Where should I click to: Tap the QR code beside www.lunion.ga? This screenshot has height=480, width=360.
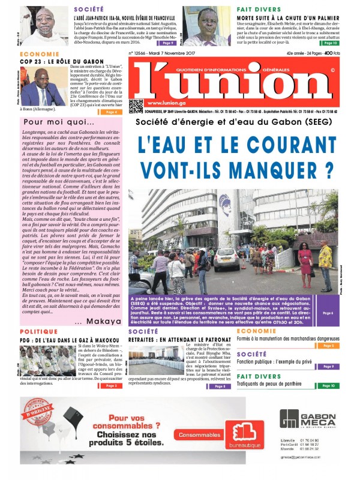click(136, 106)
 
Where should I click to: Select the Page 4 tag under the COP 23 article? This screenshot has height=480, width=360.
click(110, 112)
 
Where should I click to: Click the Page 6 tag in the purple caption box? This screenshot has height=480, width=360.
click(328, 313)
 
